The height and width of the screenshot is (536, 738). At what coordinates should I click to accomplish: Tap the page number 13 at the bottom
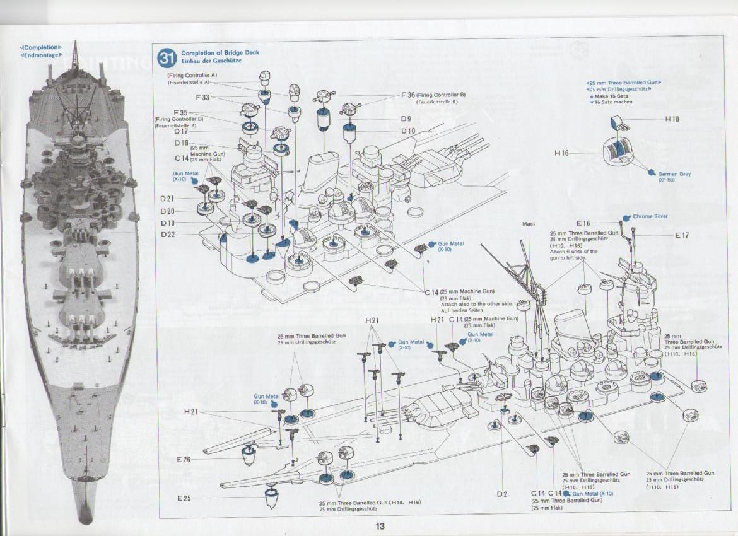379,527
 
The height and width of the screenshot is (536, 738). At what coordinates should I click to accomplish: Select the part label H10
672,119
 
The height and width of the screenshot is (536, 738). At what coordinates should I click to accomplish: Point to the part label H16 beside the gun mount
562,153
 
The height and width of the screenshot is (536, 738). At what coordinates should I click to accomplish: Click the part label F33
202,97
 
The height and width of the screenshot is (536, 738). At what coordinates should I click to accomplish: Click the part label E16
583,223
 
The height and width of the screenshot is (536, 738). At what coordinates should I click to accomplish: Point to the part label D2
501,493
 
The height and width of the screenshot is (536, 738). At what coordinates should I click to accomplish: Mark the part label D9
406,119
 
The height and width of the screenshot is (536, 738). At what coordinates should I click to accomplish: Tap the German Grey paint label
674,173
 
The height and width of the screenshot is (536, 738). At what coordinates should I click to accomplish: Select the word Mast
529,224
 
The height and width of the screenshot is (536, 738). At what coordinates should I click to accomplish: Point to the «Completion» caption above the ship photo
41,47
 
